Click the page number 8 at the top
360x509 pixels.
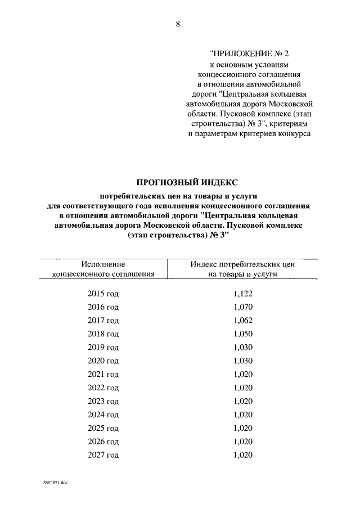(x=178, y=24)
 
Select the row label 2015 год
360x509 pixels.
(x=103, y=294)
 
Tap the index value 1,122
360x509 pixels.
(x=243, y=294)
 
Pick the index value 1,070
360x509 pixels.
(x=243, y=307)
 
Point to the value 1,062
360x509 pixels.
(x=243, y=321)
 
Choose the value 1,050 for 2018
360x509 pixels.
(x=243, y=334)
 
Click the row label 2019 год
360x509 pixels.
(x=103, y=348)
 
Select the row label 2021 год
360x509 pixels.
(x=103, y=375)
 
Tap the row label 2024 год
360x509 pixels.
(x=103, y=415)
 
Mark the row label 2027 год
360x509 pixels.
(x=103, y=455)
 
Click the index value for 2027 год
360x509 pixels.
(x=243, y=455)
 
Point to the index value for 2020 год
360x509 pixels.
(x=243, y=361)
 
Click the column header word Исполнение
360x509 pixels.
(x=103, y=264)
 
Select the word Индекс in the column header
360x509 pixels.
(x=204, y=264)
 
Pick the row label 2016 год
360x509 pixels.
(x=103, y=307)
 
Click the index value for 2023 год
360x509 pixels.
(x=243, y=402)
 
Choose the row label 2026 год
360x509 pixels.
(x=103, y=442)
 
